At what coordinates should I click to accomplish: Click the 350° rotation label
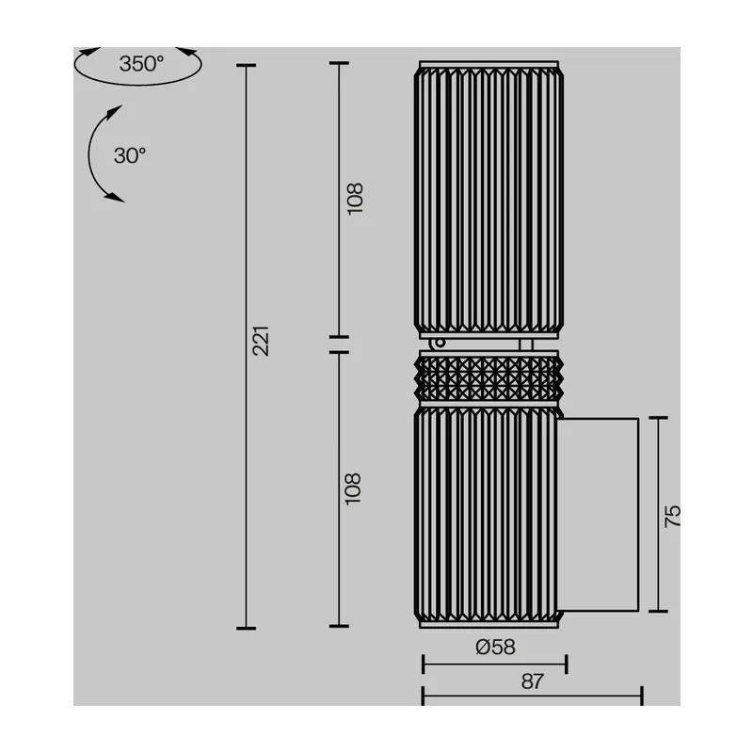(x=141, y=64)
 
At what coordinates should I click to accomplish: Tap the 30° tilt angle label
(x=130, y=155)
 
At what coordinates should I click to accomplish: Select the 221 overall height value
(x=261, y=341)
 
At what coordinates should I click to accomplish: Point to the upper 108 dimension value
(x=355, y=199)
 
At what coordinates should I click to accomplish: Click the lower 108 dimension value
(x=353, y=489)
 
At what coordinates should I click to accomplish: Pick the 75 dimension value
(x=672, y=516)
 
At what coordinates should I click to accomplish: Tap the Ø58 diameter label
(x=495, y=647)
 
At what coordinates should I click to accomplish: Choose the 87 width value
(x=533, y=681)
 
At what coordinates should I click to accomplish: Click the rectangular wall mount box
(x=599, y=514)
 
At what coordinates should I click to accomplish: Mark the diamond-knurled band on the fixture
(x=489, y=378)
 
